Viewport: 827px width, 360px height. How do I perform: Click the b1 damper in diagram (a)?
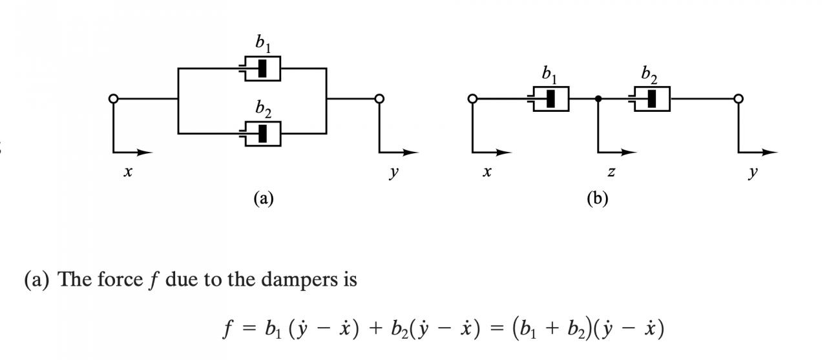click(x=260, y=69)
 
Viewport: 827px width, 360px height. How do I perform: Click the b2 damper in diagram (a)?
click(x=260, y=134)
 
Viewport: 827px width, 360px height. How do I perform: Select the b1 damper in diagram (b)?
click(x=549, y=99)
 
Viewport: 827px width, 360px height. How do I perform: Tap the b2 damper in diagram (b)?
click(x=650, y=99)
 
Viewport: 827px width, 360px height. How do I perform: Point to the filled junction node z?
click(x=598, y=99)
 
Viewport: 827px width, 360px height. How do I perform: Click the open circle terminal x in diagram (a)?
click(x=113, y=99)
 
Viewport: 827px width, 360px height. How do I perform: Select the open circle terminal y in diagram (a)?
click(x=379, y=99)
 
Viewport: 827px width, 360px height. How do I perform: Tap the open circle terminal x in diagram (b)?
click(x=472, y=99)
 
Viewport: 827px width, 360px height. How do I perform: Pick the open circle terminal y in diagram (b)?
click(x=738, y=99)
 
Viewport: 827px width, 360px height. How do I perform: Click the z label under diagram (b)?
click(x=611, y=172)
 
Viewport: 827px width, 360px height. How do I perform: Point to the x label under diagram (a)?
click(x=128, y=172)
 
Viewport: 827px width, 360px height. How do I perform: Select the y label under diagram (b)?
click(x=753, y=173)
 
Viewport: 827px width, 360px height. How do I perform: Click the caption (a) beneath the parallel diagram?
click(x=264, y=198)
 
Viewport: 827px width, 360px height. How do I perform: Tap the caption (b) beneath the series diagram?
click(x=598, y=198)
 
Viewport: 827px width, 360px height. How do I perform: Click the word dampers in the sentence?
click(x=299, y=279)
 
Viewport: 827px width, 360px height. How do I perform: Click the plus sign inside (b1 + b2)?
click(x=552, y=328)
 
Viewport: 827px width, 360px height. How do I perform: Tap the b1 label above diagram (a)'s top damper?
click(x=263, y=43)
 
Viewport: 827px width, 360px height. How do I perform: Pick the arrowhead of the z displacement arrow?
click(x=629, y=152)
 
